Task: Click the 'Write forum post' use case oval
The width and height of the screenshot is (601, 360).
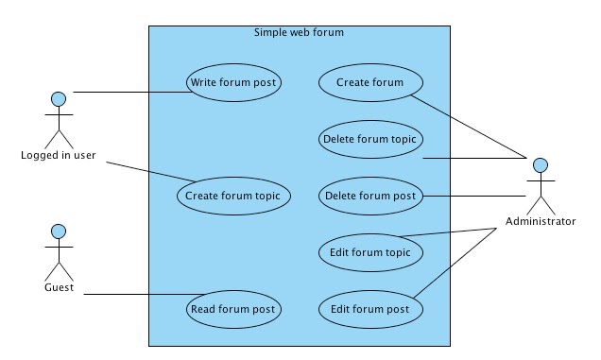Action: tap(233, 83)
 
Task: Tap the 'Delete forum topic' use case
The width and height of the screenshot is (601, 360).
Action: tap(370, 139)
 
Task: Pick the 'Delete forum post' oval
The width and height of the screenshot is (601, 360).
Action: tap(369, 197)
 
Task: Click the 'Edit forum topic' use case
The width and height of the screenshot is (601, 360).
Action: tap(369, 252)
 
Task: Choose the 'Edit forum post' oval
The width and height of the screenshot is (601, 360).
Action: tap(369, 309)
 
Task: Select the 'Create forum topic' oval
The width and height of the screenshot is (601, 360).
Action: tap(233, 196)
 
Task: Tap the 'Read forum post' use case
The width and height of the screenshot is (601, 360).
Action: tap(233, 309)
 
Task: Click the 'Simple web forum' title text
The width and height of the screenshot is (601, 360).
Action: tap(299, 33)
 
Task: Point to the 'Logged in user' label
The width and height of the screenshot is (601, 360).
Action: tap(59, 155)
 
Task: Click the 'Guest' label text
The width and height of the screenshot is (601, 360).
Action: tap(59, 287)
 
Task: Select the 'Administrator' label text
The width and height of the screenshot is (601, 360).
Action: tap(540, 221)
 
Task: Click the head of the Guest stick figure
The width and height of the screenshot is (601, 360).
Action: tap(59, 230)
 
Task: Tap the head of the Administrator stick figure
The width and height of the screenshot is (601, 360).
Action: tap(540, 164)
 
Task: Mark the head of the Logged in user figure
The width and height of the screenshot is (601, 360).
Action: tap(59, 97)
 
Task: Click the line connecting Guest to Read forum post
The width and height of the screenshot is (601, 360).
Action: tap(142, 295)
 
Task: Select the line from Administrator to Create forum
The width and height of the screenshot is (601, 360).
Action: tap(472, 123)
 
